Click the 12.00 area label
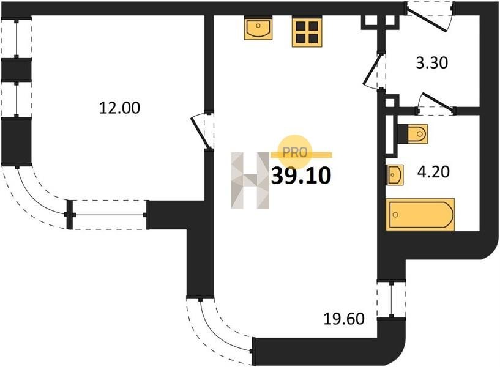coord(119,108)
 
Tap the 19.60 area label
coord(344,319)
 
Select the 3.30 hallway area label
coord(432,63)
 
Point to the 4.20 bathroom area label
coord(433,172)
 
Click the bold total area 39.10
coord(301,176)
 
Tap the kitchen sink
coord(258,28)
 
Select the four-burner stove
coord(307,32)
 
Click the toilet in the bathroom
coord(413,134)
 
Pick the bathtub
coord(420,215)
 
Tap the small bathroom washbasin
coord(395,174)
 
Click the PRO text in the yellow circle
coord(294,152)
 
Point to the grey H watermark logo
coord(250,180)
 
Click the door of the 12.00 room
coord(201,131)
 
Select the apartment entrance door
coord(429,17)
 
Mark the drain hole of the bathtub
coord(395,215)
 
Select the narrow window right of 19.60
coord(391,299)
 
